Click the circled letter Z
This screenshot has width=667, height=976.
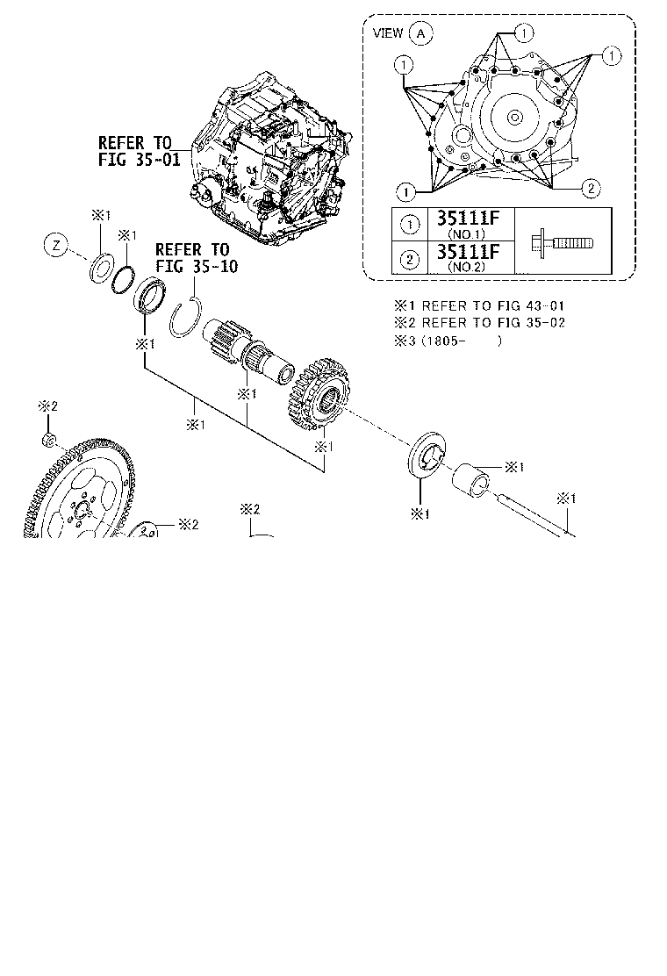click(57, 245)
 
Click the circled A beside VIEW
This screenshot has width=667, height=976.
click(421, 33)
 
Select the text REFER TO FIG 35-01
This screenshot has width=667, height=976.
click(139, 151)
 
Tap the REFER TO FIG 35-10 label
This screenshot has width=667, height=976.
click(196, 258)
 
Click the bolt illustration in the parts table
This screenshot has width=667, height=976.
click(562, 241)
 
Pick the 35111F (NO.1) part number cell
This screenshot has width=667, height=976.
click(468, 224)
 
